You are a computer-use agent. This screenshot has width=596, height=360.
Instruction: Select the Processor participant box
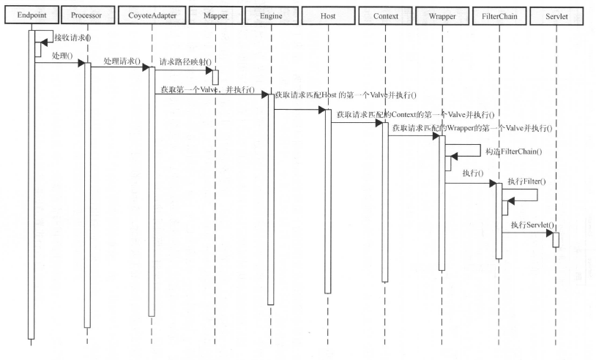(86, 15)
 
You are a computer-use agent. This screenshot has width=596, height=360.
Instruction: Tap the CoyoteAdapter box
(152, 15)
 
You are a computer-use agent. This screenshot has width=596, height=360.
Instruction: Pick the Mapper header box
(215, 15)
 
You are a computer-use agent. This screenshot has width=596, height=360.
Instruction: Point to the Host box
(327, 15)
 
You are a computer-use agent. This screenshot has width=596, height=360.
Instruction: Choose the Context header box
(384, 15)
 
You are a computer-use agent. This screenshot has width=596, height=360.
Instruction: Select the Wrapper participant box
(441, 15)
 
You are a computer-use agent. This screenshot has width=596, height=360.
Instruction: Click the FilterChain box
(498, 15)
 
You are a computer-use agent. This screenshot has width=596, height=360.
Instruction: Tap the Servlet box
(555, 15)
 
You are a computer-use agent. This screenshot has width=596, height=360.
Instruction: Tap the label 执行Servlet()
(532, 225)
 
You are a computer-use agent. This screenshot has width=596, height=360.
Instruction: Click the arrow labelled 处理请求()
(121, 71)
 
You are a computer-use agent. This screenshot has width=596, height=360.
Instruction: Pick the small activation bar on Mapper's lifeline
(215, 76)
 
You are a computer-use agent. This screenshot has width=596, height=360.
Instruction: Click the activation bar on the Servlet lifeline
(555, 239)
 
